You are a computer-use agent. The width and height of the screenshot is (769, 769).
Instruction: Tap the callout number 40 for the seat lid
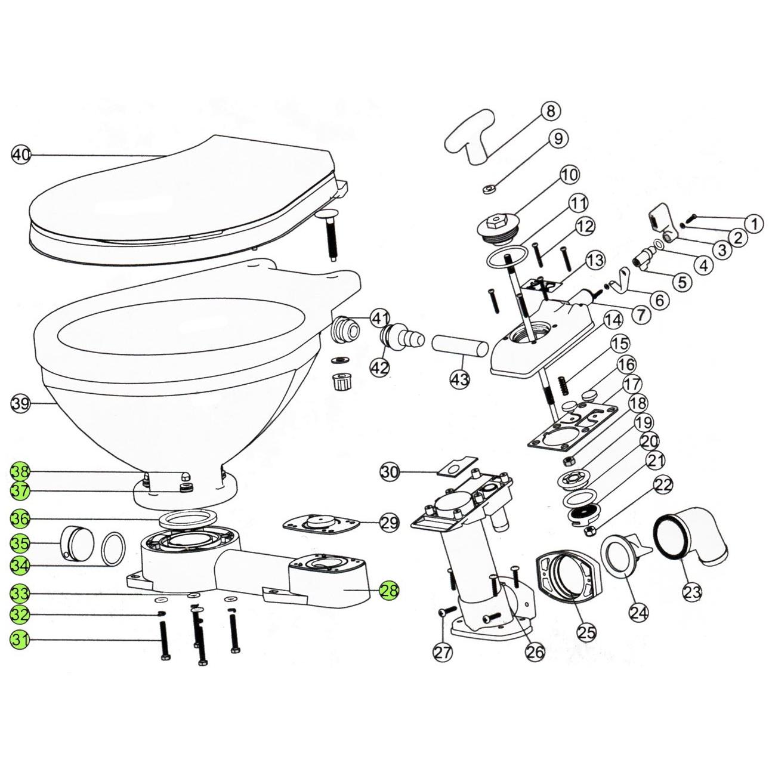[21, 155]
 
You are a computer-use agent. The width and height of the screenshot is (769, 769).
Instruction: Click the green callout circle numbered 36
[21, 519]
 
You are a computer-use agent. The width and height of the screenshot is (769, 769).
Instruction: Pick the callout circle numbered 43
[461, 378]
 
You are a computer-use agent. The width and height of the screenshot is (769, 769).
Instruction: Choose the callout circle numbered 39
[21, 404]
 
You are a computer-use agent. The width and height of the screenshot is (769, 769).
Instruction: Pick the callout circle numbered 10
[569, 175]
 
